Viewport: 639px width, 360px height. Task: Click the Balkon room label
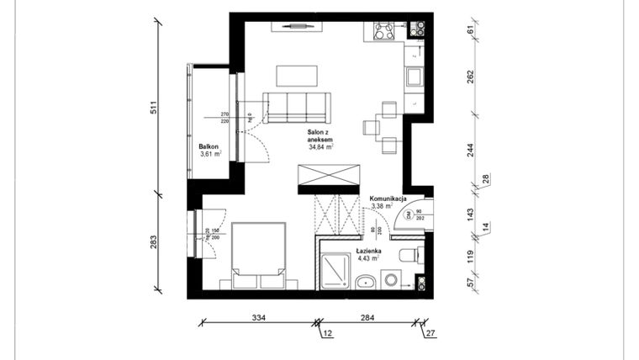point(210,146)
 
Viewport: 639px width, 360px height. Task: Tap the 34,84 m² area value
point(321,146)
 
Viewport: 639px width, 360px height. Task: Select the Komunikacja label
point(388,199)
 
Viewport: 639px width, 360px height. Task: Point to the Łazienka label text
point(368,251)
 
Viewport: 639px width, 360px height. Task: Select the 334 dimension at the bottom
point(258,318)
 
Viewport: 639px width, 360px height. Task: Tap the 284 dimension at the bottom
point(367,318)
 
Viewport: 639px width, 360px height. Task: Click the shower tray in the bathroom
point(336,270)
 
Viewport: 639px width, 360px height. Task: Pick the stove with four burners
point(385,31)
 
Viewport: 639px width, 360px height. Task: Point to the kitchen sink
point(414,77)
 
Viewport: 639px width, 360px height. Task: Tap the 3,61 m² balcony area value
point(210,155)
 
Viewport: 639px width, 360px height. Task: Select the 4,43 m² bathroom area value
point(368,259)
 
